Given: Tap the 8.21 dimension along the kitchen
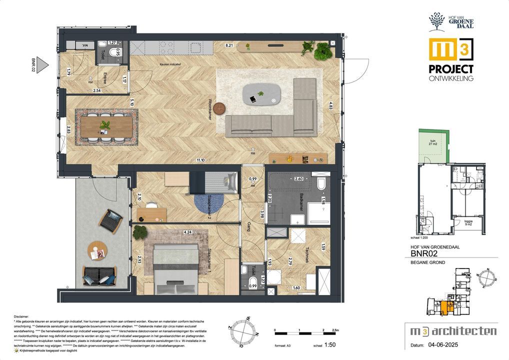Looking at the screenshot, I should tap(229, 45).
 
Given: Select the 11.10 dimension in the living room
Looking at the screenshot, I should tap(200, 160).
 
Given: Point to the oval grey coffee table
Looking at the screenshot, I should tap(261, 93).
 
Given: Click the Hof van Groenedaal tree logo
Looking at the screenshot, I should tap(436, 22).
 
